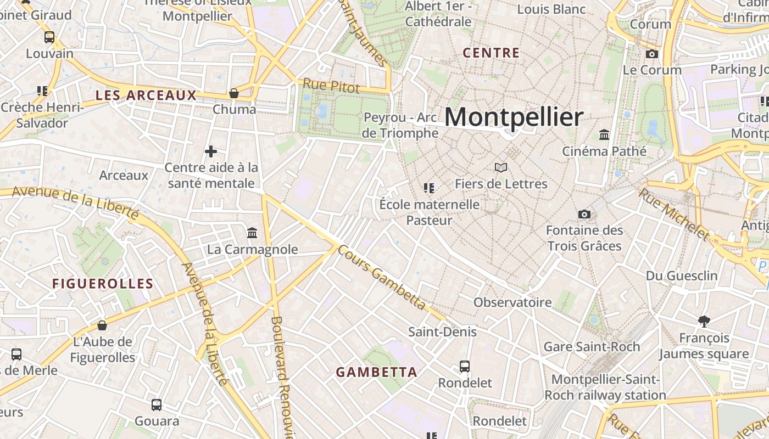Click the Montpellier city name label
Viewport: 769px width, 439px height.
pyautogui.click(x=514, y=117)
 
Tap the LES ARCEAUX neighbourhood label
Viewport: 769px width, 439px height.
pyautogui.click(x=146, y=95)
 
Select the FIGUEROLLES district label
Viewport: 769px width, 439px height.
pyautogui.click(x=103, y=284)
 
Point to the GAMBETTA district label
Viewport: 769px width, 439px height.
pyautogui.click(x=377, y=372)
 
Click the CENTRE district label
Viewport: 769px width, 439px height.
pyautogui.click(x=491, y=53)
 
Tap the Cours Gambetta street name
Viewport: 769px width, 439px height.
pyautogui.click(x=381, y=277)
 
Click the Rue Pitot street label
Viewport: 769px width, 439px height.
pyautogui.click(x=331, y=86)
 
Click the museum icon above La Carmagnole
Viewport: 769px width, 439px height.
pyautogui.click(x=252, y=233)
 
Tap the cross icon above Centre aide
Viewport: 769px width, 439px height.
pyautogui.click(x=211, y=151)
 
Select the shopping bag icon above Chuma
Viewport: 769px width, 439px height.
pyautogui.click(x=234, y=93)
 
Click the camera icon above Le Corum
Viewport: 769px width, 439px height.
pyautogui.click(x=652, y=54)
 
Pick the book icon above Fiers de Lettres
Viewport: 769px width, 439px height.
pyautogui.click(x=501, y=167)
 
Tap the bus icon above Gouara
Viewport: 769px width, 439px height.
pyautogui.click(x=157, y=405)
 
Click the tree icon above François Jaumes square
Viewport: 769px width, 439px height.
pyautogui.click(x=704, y=321)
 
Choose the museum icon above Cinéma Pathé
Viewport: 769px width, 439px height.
pyautogui.click(x=604, y=134)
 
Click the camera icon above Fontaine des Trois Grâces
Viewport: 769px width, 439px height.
pyautogui.click(x=584, y=214)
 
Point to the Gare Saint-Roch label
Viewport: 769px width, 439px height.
pyautogui.click(x=592, y=347)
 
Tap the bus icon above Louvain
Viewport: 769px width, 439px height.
pyautogui.click(x=49, y=37)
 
